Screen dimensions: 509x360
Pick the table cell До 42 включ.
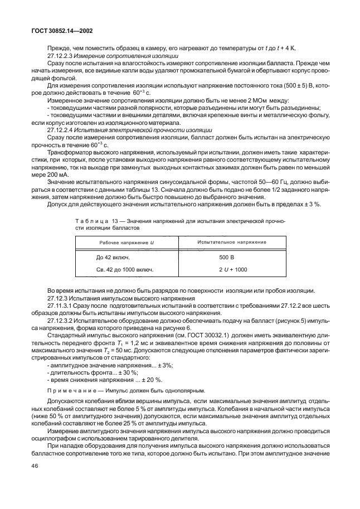coord(113,258)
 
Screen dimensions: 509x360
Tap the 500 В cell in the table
coord(227,258)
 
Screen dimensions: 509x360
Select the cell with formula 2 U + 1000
coord(232,269)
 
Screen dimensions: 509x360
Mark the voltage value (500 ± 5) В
coord(297,86)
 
